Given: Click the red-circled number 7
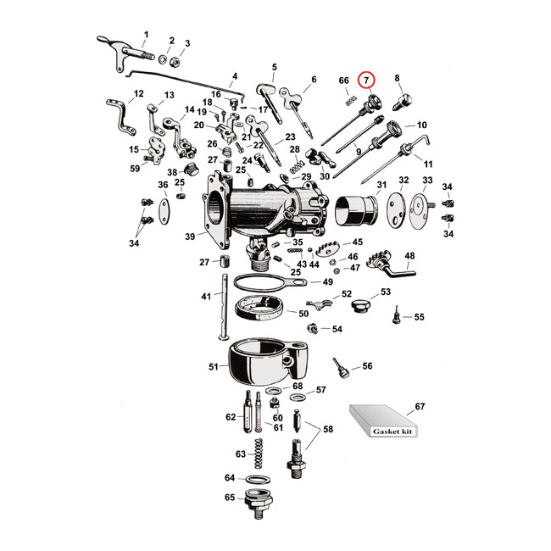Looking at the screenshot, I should tap(366, 81).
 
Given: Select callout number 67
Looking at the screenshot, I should tap(421, 408).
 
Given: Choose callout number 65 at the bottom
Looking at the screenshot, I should tap(229, 498).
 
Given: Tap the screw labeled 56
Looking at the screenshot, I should tap(339, 368).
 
